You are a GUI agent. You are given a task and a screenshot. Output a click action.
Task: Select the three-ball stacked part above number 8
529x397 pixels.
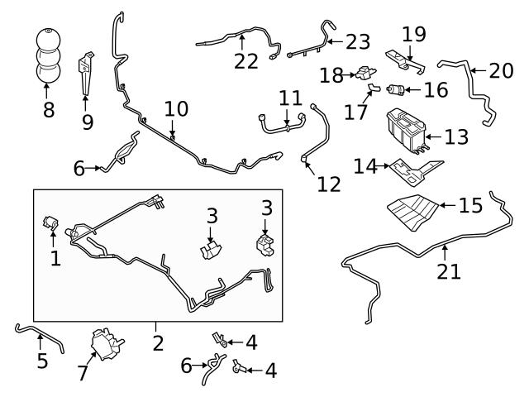[x=47, y=57]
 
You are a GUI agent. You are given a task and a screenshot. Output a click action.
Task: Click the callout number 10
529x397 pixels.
[x=175, y=108]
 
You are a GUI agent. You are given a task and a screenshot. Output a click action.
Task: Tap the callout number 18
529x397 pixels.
[x=331, y=76]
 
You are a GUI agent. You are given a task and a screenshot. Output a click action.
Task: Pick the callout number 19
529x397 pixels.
[x=413, y=35]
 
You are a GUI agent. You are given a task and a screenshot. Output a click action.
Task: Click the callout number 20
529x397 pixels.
[x=500, y=70]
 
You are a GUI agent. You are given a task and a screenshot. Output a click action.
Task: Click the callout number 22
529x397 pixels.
[x=245, y=60]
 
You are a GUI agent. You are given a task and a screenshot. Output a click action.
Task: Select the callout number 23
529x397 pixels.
[x=358, y=41]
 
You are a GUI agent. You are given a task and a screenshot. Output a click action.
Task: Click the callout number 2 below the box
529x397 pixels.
[x=158, y=342]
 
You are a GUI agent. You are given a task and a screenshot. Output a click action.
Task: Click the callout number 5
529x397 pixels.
[x=42, y=361]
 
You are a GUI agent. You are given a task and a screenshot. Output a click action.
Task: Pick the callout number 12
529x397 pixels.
[x=328, y=184]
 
